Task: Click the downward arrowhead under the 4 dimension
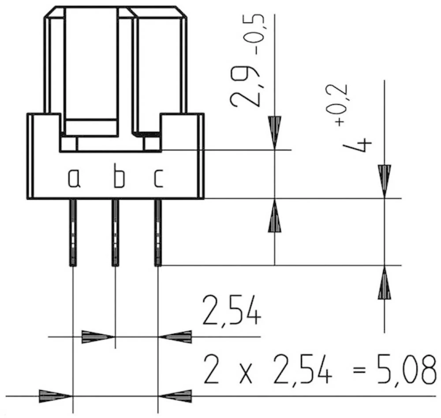pyautogui.click(x=384, y=180)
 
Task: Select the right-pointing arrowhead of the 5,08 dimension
pyautogui.click(x=55, y=396)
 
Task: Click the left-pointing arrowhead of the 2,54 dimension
pyautogui.click(x=176, y=337)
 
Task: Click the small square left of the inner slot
pyautogui.click(x=68, y=144)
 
